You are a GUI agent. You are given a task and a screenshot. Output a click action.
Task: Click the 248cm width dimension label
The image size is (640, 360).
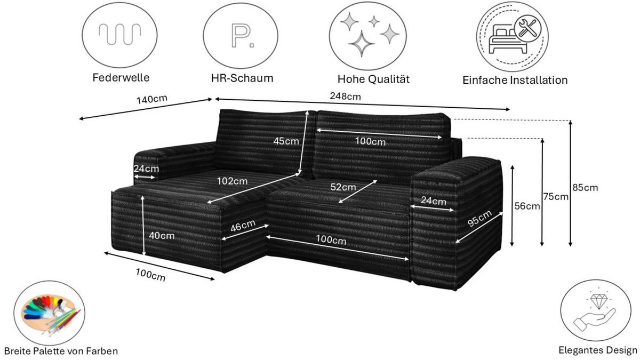click(x=346, y=97)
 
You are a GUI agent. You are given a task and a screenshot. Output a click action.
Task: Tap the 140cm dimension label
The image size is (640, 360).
click(x=151, y=99)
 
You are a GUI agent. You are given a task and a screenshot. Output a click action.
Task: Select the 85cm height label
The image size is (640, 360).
click(x=586, y=187)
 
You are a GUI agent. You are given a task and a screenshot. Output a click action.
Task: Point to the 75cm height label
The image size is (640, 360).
click(x=555, y=196)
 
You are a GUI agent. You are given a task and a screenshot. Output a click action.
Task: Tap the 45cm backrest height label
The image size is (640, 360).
click(x=286, y=141)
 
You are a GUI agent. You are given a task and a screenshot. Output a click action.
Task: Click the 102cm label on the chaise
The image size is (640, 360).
click(x=232, y=180)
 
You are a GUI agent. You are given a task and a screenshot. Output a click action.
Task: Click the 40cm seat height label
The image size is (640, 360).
click(x=161, y=235)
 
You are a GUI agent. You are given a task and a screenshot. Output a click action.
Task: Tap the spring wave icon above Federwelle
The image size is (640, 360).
click(x=120, y=35)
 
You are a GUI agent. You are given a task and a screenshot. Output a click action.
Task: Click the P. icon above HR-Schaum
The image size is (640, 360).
click(x=241, y=35)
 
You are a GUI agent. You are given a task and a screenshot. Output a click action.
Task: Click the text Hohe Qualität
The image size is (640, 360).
click(x=373, y=79)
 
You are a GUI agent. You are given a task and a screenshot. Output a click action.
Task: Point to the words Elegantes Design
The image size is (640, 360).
click(x=598, y=350)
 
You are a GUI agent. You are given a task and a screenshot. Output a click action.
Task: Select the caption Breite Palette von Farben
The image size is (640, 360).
click(x=60, y=351)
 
